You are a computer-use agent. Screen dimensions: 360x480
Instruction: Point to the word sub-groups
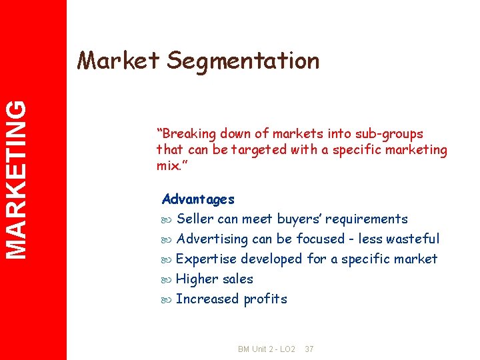[390, 134]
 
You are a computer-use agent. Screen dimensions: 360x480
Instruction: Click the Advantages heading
[198, 199]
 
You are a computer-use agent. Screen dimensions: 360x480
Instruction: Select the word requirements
[367, 219]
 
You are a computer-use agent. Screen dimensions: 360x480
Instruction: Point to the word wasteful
[414, 239]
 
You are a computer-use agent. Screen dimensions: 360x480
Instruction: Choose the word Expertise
[205, 259]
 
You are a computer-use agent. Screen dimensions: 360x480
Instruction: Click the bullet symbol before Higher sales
[167, 279]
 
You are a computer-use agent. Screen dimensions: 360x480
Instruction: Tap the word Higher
[195, 279]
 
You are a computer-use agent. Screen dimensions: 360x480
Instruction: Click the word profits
[265, 299]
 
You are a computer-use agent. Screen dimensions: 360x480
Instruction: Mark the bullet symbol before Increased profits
[167, 299]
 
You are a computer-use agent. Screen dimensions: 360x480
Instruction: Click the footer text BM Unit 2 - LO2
[266, 349]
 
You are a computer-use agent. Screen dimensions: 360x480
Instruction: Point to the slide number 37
[309, 349]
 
